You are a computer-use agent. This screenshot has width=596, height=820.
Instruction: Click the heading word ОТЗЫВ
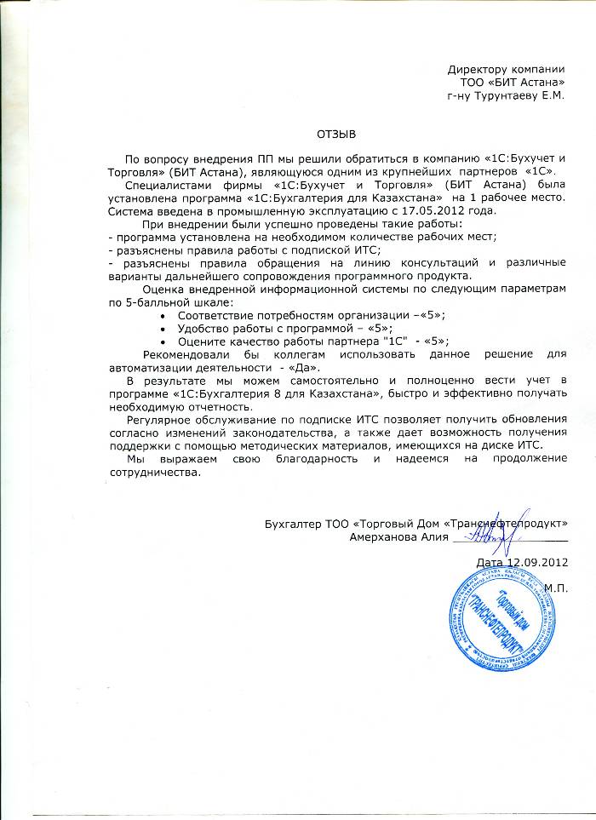335,134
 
